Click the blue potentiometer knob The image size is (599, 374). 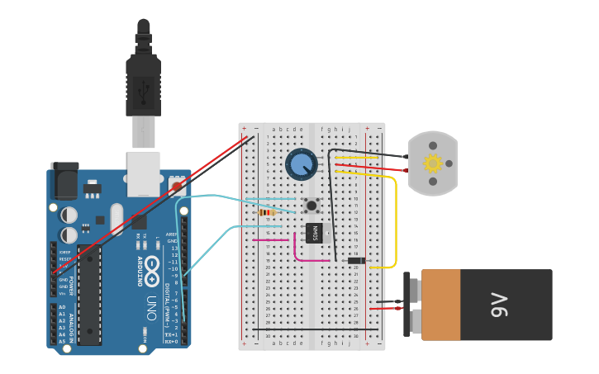coord(301,164)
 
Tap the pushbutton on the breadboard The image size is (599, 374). coord(311,206)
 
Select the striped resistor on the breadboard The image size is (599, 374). coord(267,212)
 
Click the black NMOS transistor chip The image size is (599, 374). coord(314,233)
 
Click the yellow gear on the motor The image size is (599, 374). coord(433,163)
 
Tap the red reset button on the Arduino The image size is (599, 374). coord(177,185)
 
